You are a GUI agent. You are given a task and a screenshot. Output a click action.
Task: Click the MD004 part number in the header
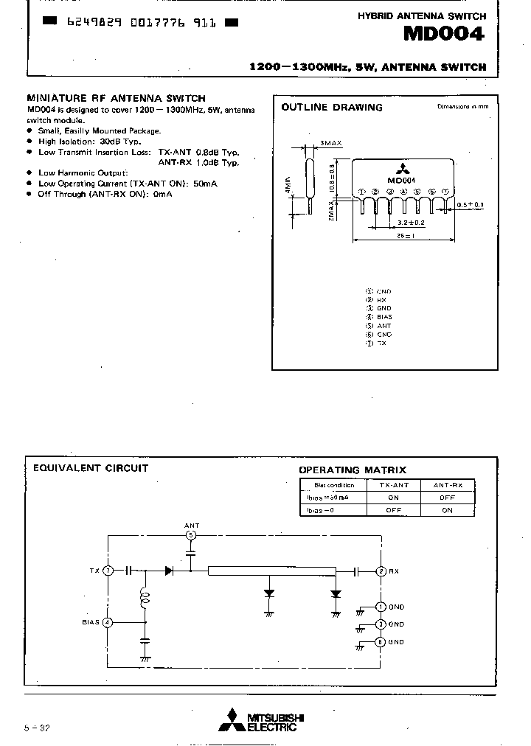point(444,35)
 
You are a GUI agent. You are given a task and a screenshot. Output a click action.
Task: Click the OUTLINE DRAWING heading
point(332,108)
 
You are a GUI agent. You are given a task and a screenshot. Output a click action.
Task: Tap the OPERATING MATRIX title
point(352,470)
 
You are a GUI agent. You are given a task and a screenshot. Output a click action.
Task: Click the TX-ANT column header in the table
point(393,485)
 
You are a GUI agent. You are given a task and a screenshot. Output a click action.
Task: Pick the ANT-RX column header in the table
point(447,485)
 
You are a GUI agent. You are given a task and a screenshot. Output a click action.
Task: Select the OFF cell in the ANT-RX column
point(447,498)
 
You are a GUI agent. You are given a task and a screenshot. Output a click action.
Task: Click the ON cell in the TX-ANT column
point(393,498)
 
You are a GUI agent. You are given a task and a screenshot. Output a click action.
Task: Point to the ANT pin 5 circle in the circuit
point(190,535)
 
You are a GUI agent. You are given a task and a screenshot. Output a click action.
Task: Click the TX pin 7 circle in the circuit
point(108,570)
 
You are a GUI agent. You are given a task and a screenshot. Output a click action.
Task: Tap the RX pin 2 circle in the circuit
point(381,571)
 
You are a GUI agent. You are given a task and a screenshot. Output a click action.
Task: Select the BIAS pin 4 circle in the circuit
point(108,622)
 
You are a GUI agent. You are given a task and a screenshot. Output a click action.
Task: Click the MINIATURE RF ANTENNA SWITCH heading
point(116,98)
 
